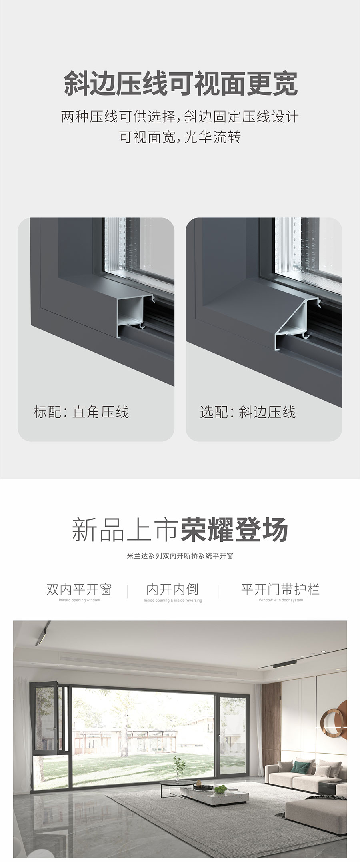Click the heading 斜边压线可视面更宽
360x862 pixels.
pyautogui.click(x=181, y=83)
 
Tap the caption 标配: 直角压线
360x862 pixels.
pyautogui.click(x=81, y=412)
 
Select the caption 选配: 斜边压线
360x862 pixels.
pyautogui.click(x=248, y=412)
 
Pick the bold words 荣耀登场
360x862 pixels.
pyautogui.click(x=234, y=530)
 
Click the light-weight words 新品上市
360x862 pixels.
pyautogui.click(x=125, y=530)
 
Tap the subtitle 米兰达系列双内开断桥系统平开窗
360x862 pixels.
pyautogui.click(x=180, y=556)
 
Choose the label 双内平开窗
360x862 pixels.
pyautogui.click(x=79, y=589)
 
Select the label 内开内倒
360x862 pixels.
pyautogui.click(x=172, y=589)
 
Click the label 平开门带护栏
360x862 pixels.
pyautogui.click(x=280, y=589)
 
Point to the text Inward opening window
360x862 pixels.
pyautogui.click(x=79, y=600)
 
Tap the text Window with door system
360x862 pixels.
pyautogui.click(x=281, y=600)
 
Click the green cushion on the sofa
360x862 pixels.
pyautogui.click(x=298, y=764)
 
